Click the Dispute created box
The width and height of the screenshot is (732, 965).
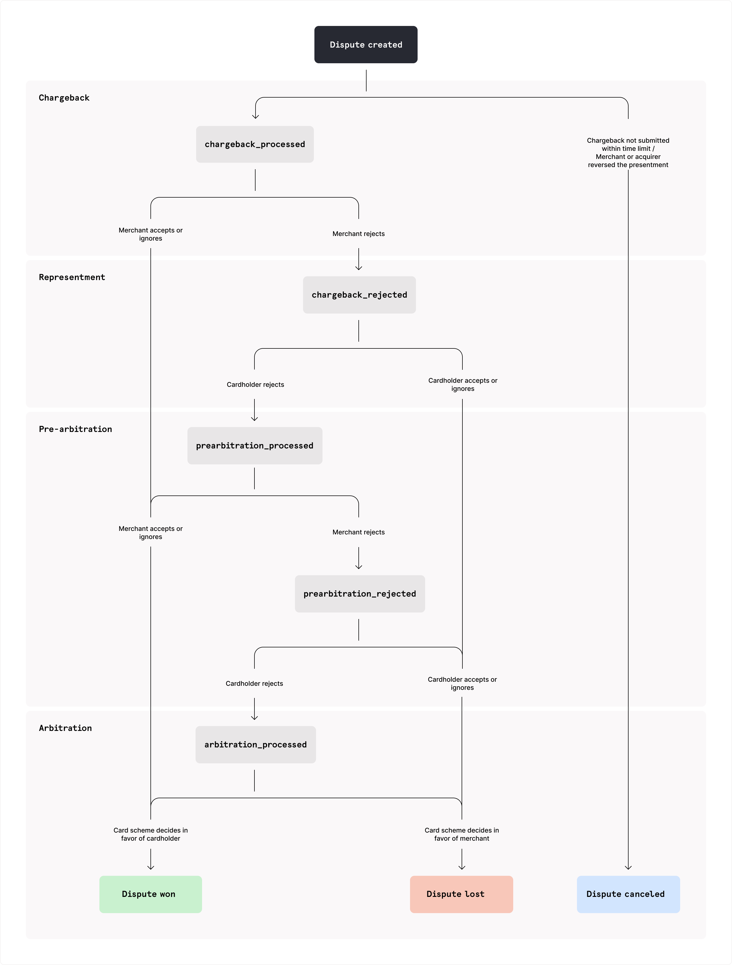pos(366,45)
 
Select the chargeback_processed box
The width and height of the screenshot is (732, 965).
pos(255,144)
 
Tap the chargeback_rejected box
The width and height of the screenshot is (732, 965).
pos(359,295)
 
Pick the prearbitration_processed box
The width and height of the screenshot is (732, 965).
pos(255,445)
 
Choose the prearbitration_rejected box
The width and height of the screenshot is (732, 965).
pos(360,594)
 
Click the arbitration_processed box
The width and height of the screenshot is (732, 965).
pos(256,744)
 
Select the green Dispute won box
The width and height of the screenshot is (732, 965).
pos(150,894)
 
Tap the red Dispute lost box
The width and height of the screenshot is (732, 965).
pos(461,894)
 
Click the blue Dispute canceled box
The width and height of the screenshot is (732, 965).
pos(628,894)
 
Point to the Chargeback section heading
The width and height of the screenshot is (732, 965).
pos(64,98)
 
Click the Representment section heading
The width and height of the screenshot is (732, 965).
pos(72,277)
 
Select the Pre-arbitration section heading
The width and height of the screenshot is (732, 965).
pos(75,429)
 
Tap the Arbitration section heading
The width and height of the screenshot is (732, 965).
pos(65,728)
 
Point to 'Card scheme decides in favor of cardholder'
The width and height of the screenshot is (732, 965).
pos(150,834)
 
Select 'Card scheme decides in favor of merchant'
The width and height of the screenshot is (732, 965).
pos(462,834)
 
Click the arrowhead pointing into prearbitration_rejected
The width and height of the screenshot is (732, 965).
pos(359,567)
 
